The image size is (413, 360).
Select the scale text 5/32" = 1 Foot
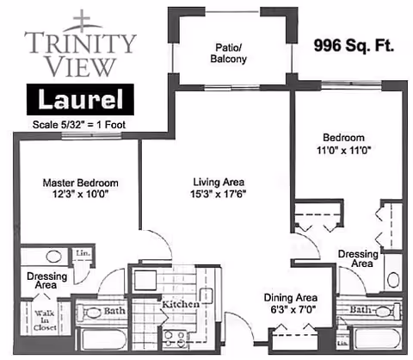click(x=79, y=124)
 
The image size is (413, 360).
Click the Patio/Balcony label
click(x=230, y=53)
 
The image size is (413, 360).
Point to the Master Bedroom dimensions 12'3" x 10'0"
click(x=81, y=196)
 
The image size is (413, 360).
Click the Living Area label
click(x=218, y=183)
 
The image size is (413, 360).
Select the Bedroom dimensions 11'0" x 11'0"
click(x=343, y=149)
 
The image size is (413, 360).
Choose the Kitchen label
click(x=181, y=304)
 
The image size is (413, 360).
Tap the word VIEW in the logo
click(x=80, y=65)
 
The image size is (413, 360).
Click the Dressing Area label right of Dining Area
click(x=355, y=259)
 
